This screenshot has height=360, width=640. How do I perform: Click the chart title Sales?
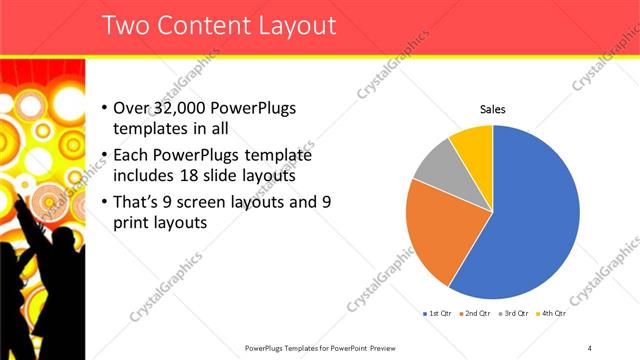coord(493,109)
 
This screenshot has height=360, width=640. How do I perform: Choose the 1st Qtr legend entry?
coord(437,313)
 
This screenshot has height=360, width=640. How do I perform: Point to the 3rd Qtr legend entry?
coord(512,313)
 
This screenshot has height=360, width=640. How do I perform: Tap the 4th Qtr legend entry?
coord(550,313)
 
